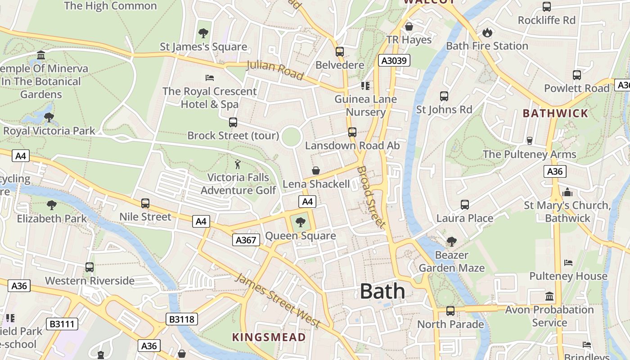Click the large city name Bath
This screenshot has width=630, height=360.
(382, 291)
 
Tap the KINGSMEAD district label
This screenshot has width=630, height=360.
(269, 337)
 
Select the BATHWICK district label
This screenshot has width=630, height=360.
(555, 113)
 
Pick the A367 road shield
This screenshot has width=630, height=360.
(246, 240)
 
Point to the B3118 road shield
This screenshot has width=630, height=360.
(182, 319)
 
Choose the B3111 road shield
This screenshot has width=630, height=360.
(62, 324)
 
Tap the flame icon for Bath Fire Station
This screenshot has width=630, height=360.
(487, 32)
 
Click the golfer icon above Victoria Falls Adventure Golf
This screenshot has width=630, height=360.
(238, 164)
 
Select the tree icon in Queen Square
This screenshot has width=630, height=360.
(300, 222)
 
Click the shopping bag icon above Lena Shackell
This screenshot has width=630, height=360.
(316, 171)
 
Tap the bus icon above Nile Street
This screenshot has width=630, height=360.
(145, 203)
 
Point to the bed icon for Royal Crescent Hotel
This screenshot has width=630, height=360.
(209, 77)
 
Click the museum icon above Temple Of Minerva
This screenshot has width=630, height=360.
(41, 55)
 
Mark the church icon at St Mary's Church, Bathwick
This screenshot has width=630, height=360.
(567, 192)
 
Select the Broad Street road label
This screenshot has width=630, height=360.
(371, 197)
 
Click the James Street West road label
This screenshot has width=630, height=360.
(278, 300)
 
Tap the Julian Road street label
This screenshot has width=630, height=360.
(275, 70)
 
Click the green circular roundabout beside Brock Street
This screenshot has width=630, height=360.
(291, 136)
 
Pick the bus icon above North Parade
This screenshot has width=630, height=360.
(450, 310)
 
